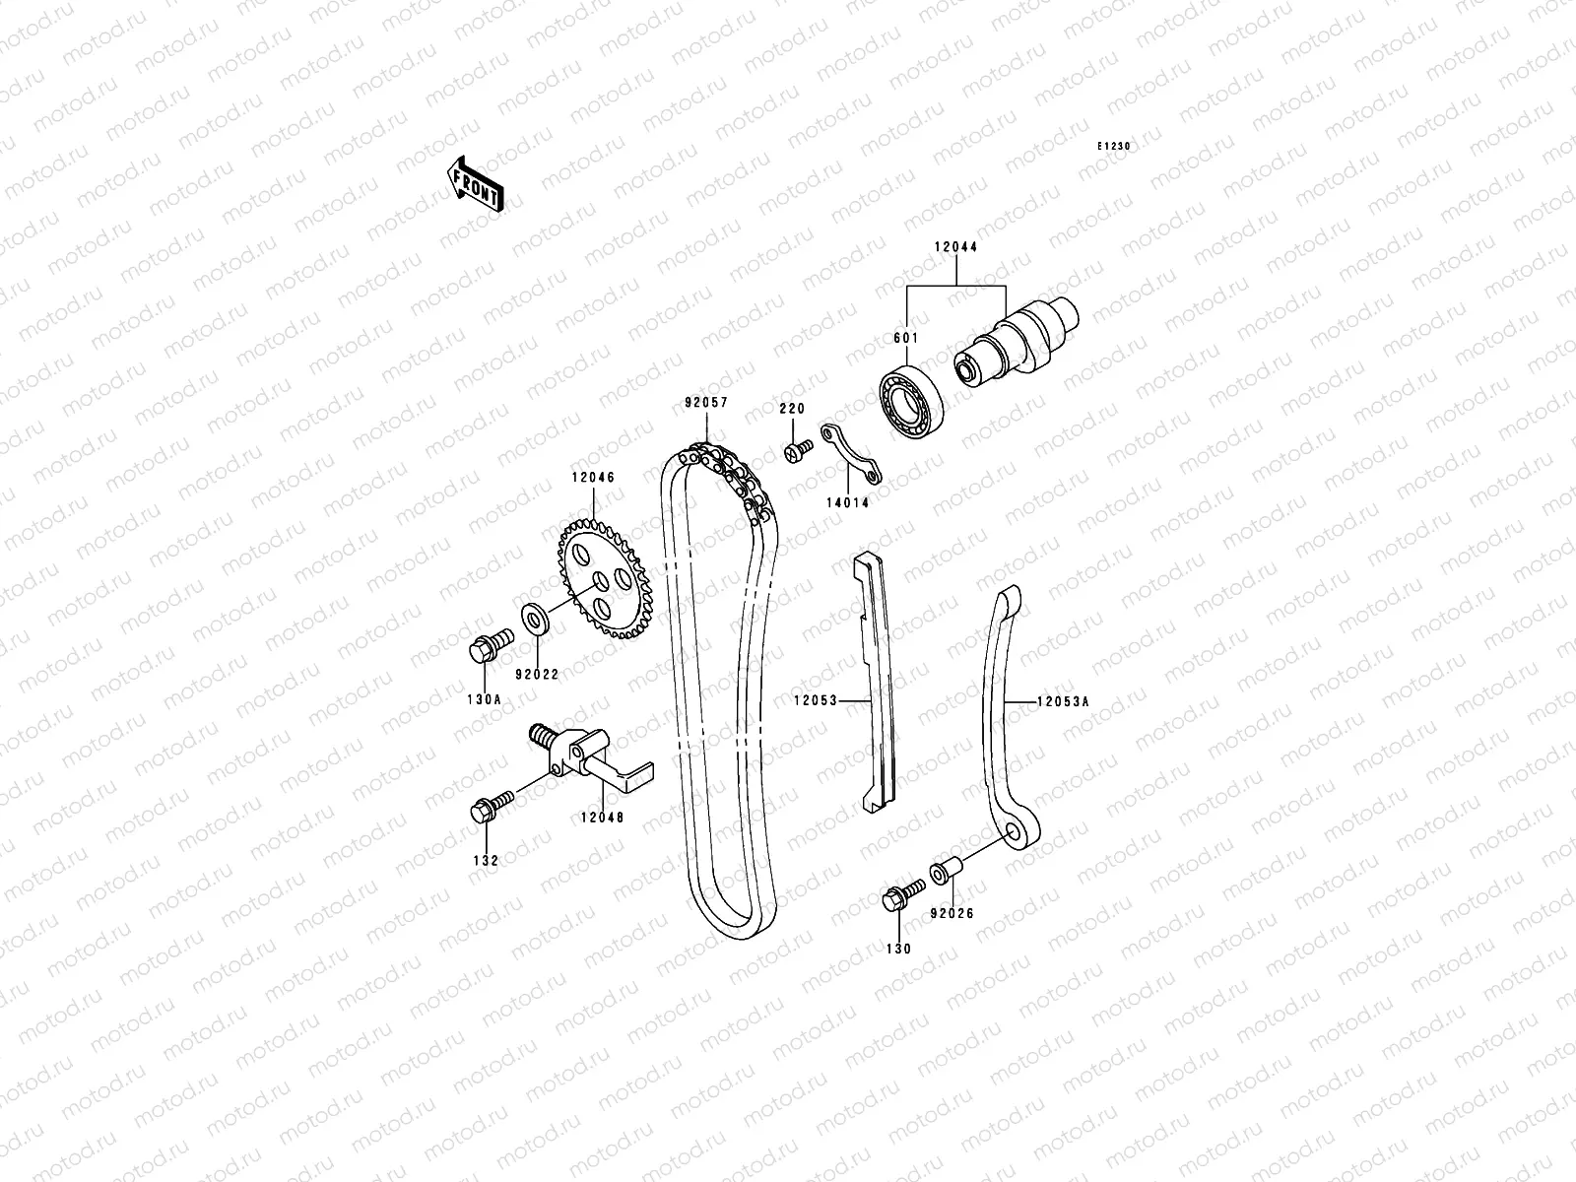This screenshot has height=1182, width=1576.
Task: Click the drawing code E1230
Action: [x=1115, y=146]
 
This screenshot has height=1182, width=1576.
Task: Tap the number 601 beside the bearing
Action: [x=905, y=338]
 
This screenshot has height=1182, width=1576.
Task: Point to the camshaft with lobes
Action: [x=1019, y=340]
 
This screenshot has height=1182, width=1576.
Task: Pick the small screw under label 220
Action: [x=797, y=451]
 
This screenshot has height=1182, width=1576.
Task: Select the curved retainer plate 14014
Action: [x=853, y=455]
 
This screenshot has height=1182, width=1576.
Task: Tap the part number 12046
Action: [x=591, y=478]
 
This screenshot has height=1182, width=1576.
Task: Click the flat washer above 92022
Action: [x=539, y=622]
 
